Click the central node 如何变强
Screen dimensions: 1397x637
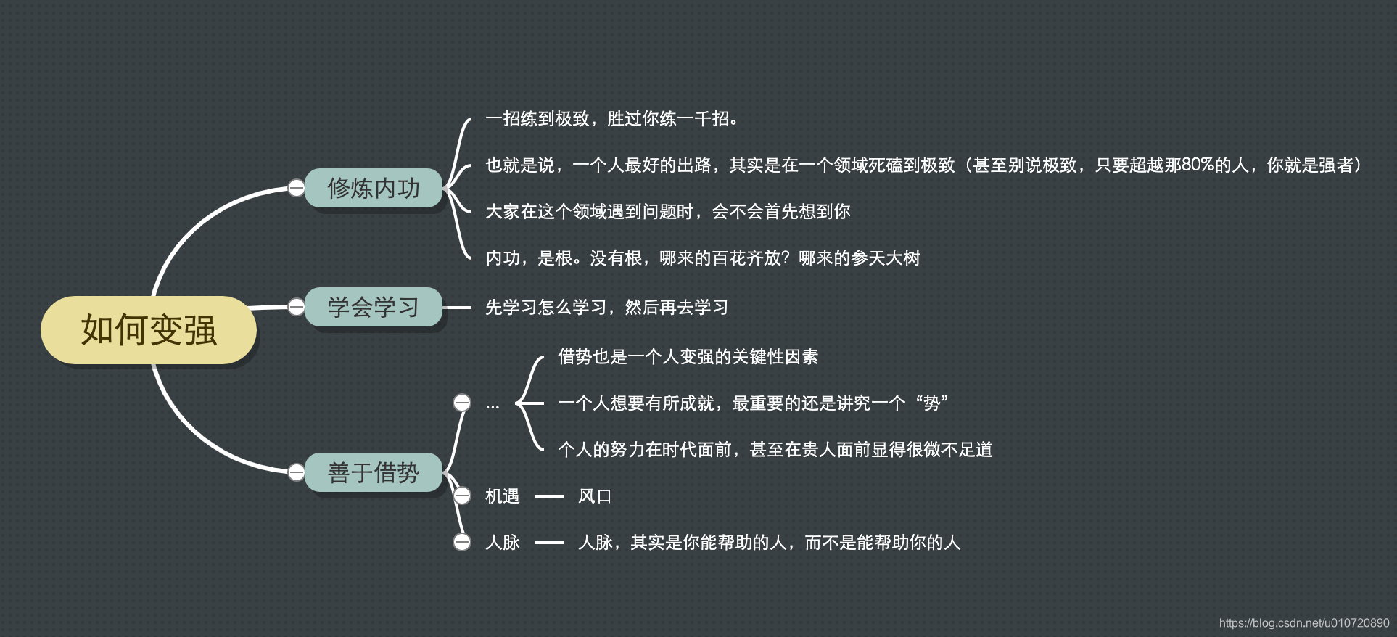click(149, 330)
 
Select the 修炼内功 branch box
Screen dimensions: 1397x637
click(374, 188)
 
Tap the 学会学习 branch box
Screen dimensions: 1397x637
click(374, 307)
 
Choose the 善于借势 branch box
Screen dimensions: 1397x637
click(374, 472)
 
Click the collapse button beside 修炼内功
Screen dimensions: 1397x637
click(296, 188)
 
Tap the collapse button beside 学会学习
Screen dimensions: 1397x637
click(296, 307)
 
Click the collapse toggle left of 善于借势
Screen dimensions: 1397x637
click(296, 472)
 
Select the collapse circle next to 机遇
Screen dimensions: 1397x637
click(462, 496)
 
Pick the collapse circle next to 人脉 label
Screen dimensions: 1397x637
click(462, 542)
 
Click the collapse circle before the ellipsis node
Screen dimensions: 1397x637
click(462, 403)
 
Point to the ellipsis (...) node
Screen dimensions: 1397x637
click(493, 405)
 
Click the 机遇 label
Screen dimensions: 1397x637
click(502, 496)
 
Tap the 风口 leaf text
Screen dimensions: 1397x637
click(595, 496)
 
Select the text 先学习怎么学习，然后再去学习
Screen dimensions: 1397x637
click(606, 308)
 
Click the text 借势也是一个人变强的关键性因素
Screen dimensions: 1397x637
click(688, 356)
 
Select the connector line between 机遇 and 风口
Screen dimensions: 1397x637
click(549, 496)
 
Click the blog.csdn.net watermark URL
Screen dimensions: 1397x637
click(1303, 623)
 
